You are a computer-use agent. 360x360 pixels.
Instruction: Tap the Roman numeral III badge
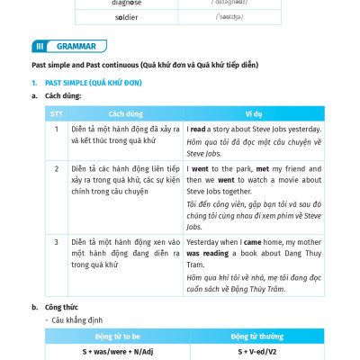[x=40, y=46]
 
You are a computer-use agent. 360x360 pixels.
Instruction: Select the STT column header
[x=57, y=114]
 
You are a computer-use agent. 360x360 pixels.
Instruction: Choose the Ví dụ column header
[x=255, y=114]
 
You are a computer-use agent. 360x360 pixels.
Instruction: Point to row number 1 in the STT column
[x=57, y=130]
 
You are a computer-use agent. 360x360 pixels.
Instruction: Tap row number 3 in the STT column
[x=57, y=242]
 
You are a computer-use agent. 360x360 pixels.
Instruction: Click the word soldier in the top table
[x=127, y=16]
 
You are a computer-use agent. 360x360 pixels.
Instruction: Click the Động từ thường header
[x=256, y=337]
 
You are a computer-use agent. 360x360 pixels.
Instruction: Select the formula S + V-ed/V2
[x=256, y=352]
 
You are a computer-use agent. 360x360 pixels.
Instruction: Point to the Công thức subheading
[x=61, y=307]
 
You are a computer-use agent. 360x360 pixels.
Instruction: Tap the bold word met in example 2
[x=263, y=168]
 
